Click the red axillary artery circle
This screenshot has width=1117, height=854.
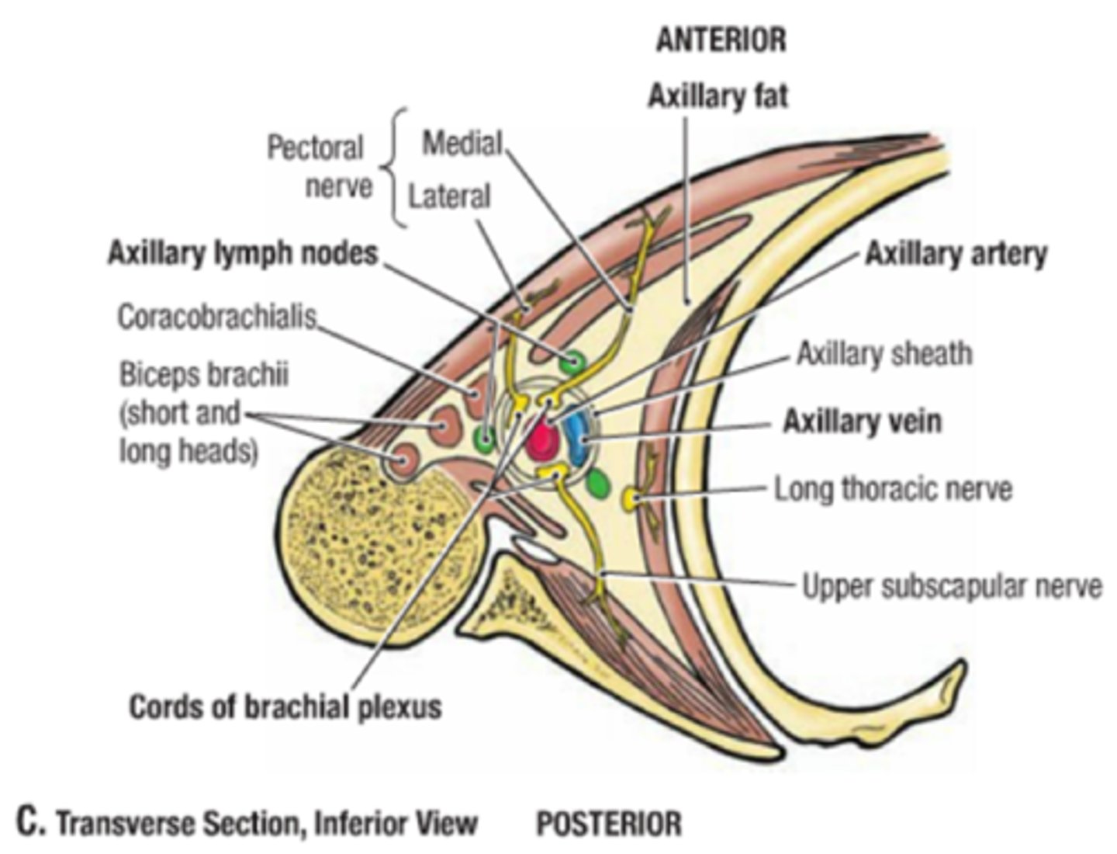(542, 440)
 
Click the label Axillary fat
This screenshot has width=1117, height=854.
(718, 96)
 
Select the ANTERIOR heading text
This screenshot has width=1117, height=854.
(721, 40)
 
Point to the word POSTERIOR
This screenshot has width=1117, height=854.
(609, 823)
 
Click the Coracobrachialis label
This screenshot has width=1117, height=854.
(217, 317)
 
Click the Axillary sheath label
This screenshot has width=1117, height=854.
(884, 354)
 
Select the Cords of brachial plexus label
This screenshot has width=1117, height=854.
(285, 706)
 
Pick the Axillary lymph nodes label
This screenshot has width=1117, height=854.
(243, 253)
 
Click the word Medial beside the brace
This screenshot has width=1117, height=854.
(462, 143)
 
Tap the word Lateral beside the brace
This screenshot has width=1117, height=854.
(450, 196)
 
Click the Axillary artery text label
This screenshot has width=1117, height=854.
(956, 254)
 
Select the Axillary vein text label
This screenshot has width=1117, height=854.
(862, 421)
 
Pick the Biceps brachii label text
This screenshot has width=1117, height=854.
(203, 375)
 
